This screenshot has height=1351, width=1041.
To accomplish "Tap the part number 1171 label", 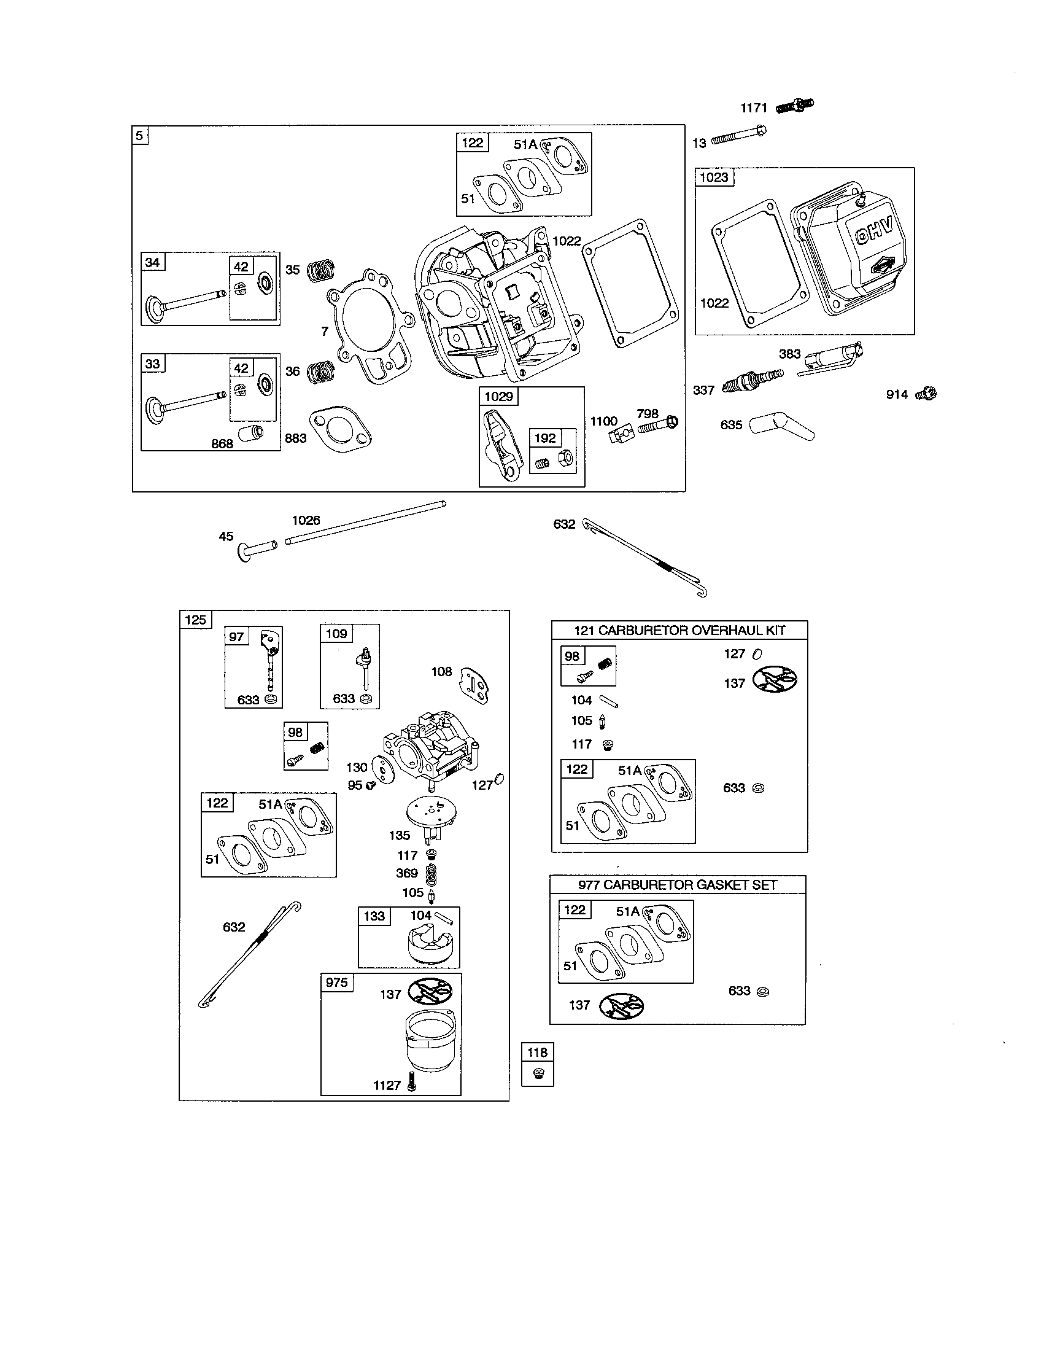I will [754, 108].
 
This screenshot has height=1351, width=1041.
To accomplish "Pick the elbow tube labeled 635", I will [781, 426].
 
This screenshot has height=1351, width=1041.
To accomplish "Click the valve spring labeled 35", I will [321, 270].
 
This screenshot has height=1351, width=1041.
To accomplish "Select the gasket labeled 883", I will [341, 429].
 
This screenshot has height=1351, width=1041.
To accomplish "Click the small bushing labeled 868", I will [250, 432].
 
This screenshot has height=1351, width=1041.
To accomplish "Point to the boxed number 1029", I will [498, 396].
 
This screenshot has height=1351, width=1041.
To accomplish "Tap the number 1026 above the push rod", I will [306, 520].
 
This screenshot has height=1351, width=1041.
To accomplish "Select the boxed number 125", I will [195, 619].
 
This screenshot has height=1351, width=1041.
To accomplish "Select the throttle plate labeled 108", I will [473, 685].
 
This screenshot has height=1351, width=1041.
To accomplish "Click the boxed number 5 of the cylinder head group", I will [141, 136].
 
